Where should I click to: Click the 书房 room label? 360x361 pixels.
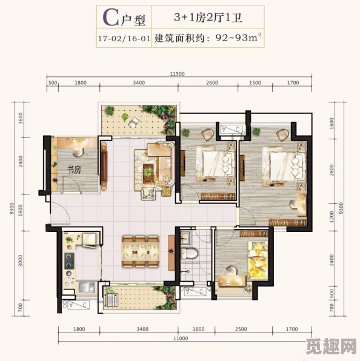click(x=74, y=170)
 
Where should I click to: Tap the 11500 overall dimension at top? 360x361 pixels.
click(x=177, y=73)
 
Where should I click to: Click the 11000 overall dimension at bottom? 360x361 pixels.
click(x=180, y=338)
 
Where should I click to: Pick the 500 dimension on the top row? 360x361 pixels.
click(x=52, y=83)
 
